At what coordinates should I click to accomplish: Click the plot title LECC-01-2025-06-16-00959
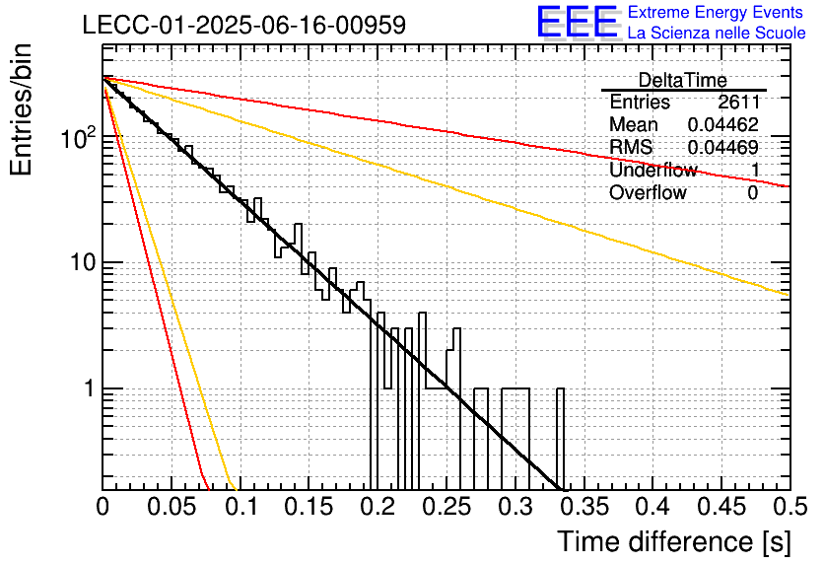pyautogui.click(x=244, y=25)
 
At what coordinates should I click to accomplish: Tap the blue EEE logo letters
pyautogui.click(x=578, y=22)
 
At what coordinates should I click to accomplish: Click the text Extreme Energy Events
pyautogui.click(x=716, y=12)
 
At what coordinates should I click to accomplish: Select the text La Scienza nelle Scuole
pyautogui.click(x=717, y=33)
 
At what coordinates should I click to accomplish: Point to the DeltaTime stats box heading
pyautogui.click(x=683, y=80)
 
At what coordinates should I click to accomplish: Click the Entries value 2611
pyautogui.click(x=739, y=102)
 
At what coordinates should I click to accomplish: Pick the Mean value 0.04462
pyautogui.click(x=723, y=124)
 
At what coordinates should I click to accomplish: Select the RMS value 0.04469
pyautogui.click(x=723, y=147)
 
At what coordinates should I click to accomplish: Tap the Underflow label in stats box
pyautogui.click(x=653, y=170)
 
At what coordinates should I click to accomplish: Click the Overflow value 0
pyautogui.click(x=753, y=192)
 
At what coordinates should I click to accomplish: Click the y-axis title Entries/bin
pyautogui.click(x=21, y=109)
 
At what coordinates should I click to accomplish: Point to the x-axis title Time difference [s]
pyautogui.click(x=674, y=541)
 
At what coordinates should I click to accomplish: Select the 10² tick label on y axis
pyautogui.click(x=80, y=138)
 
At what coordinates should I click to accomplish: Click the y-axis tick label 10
pyautogui.click(x=83, y=262)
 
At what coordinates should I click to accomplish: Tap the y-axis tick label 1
pyautogui.click(x=90, y=388)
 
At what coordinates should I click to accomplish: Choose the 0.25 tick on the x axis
pyautogui.click(x=446, y=507)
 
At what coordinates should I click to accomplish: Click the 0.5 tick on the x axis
pyautogui.click(x=790, y=507)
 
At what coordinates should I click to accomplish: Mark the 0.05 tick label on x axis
pyautogui.click(x=172, y=507)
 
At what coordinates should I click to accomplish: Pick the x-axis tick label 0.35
pyautogui.click(x=584, y=507)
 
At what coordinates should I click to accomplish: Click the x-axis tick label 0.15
pyautogui.click(x=309, y=507)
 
